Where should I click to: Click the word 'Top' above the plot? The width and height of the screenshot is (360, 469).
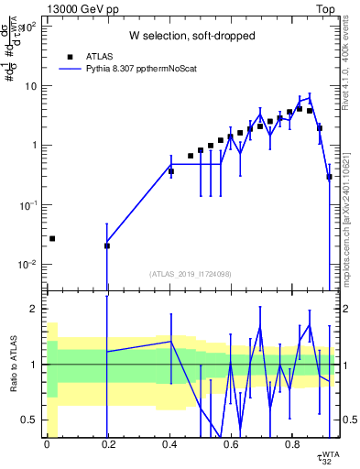tap(327, 8)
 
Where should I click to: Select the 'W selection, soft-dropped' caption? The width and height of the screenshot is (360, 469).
tap(191, 36)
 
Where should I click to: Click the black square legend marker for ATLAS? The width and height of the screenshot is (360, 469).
tap(70, 56)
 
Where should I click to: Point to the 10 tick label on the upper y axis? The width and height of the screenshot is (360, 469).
tap(31, 86)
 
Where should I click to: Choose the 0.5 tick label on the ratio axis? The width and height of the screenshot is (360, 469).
tap(28, 420)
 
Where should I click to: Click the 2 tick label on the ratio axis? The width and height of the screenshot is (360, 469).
tap(35, 309)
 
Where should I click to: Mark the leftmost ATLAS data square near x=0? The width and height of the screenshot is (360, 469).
tap(52, 238)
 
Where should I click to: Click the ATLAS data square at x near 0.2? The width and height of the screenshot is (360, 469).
tap(107, 245)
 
